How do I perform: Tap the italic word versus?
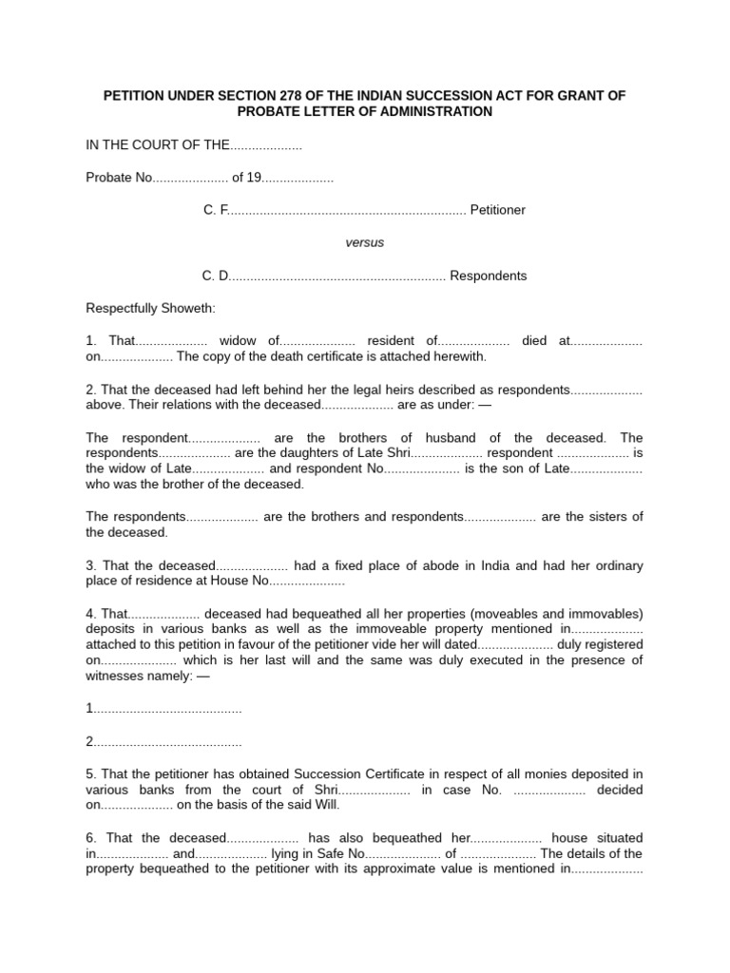(364, 242)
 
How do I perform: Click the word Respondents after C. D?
(488, 276)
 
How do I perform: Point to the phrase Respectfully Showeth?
(151, 309)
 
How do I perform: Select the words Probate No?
(119, 178)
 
